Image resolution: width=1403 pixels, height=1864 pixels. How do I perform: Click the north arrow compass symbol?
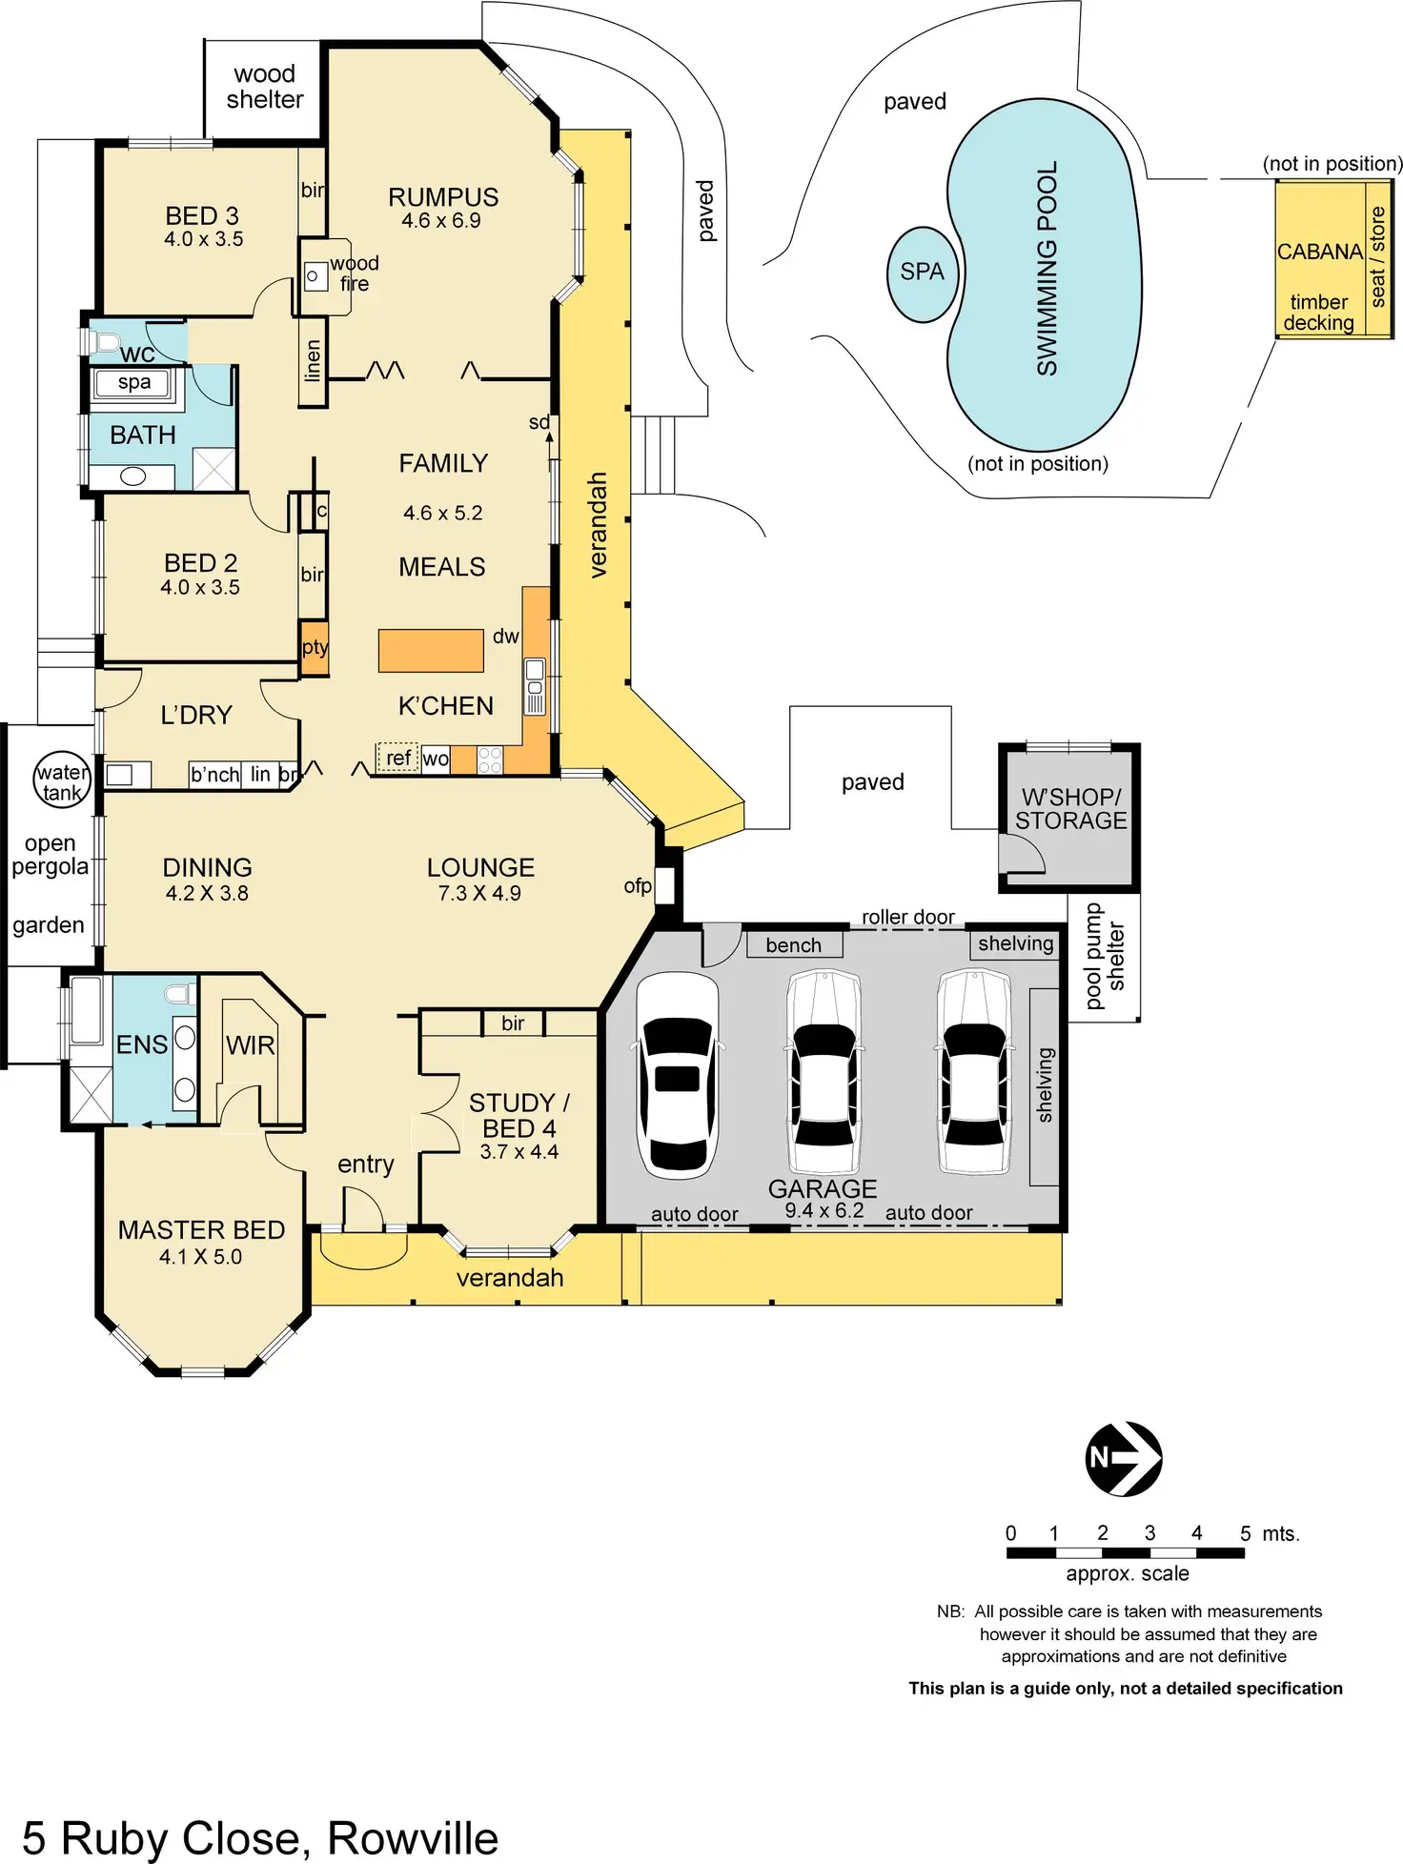pyautogui.click(x=1124, y=1458)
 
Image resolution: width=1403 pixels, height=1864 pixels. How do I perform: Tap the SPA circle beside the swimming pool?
pyautogui.click(x=922, y=273)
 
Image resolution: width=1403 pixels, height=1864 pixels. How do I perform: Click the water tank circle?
pyautogui.click(x=62, y=781)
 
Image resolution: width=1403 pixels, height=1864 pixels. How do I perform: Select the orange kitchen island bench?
pyautogui.click(x=431, y=651)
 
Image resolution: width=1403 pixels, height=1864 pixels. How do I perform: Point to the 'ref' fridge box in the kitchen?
pyautogui.click(x=397, y=758)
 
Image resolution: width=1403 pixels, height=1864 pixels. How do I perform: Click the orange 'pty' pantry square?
pyautogui.click(x=314, y=648)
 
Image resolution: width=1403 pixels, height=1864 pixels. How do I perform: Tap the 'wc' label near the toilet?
pyautogui.click(x=137, y=355)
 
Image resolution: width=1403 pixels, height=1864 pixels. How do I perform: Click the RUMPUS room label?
pyautogui.click(x=443, y=197)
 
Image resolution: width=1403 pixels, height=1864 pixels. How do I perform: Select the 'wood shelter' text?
pyautogui.click(x=264, y=87)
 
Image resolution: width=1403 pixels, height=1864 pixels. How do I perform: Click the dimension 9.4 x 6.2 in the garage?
pyautogui.click(x=824, y=1211)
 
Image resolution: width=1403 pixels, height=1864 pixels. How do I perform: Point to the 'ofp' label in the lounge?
pyautogui.click(x=638, y=886)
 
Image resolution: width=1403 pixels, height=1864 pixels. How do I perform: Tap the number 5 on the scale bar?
pyautogui.click(x=1245, y=1533)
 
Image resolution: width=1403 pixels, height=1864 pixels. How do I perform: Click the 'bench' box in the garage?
pyautogui.click(x=793, y=944)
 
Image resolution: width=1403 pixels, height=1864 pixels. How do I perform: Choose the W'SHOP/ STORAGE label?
pyautogui.click(x=1070, y=809)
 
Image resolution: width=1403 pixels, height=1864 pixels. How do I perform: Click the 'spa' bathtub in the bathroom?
pyautogui.click(x=132, y=383)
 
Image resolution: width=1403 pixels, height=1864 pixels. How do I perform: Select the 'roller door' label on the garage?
pyautogui.click(x=907, y=917)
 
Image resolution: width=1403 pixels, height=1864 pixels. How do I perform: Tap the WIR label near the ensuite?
pyautogui.click(x=251, y=1045)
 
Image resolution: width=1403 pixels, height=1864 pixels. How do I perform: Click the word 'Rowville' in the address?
pyautogui.click(x=412, y=1838)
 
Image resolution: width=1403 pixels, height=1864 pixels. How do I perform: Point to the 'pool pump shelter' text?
pyautogui.click(x=1105, y=957)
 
